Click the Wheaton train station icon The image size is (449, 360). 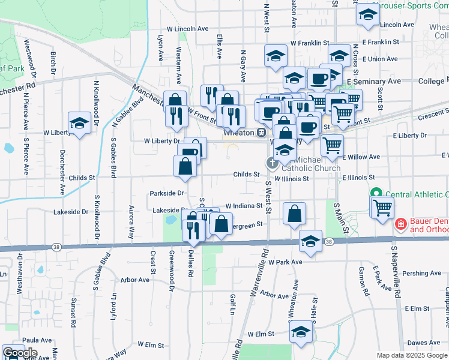[x=262, y=132]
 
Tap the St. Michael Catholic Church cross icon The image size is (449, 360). [x=272, y=163]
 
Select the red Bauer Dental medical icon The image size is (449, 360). [x=400, y=224]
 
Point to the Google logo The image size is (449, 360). [x=20, y=353]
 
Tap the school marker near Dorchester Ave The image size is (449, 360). [x=79, y=123]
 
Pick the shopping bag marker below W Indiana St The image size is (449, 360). [x=294, y=214]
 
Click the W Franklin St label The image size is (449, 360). [x=309, y=43]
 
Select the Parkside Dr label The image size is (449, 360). [x=167, y=193]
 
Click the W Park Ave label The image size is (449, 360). [x=285, y=262]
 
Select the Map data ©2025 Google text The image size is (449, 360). [x=411, y=355]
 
